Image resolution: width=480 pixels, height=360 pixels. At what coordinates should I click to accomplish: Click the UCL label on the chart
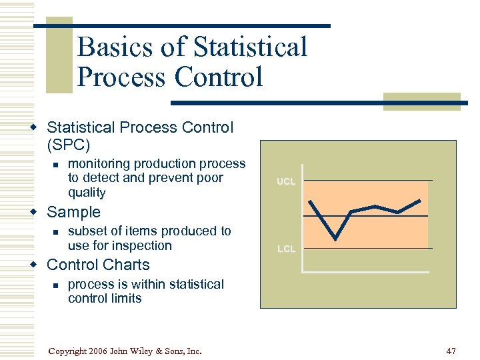coord(286,181)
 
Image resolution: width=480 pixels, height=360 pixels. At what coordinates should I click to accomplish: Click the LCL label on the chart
coord(286,249)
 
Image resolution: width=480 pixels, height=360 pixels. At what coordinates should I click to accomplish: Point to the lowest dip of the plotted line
coord(335,239)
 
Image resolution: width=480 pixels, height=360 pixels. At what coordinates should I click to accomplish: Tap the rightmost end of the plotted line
coord(420,200)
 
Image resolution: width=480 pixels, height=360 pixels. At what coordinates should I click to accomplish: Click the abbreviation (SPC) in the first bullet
coord(68,144)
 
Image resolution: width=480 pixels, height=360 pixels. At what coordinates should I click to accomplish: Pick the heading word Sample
coord(73,212)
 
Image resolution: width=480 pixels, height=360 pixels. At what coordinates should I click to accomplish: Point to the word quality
coord(87,193)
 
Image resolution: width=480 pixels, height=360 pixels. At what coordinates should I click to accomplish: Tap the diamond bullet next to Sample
coord(39,213)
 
